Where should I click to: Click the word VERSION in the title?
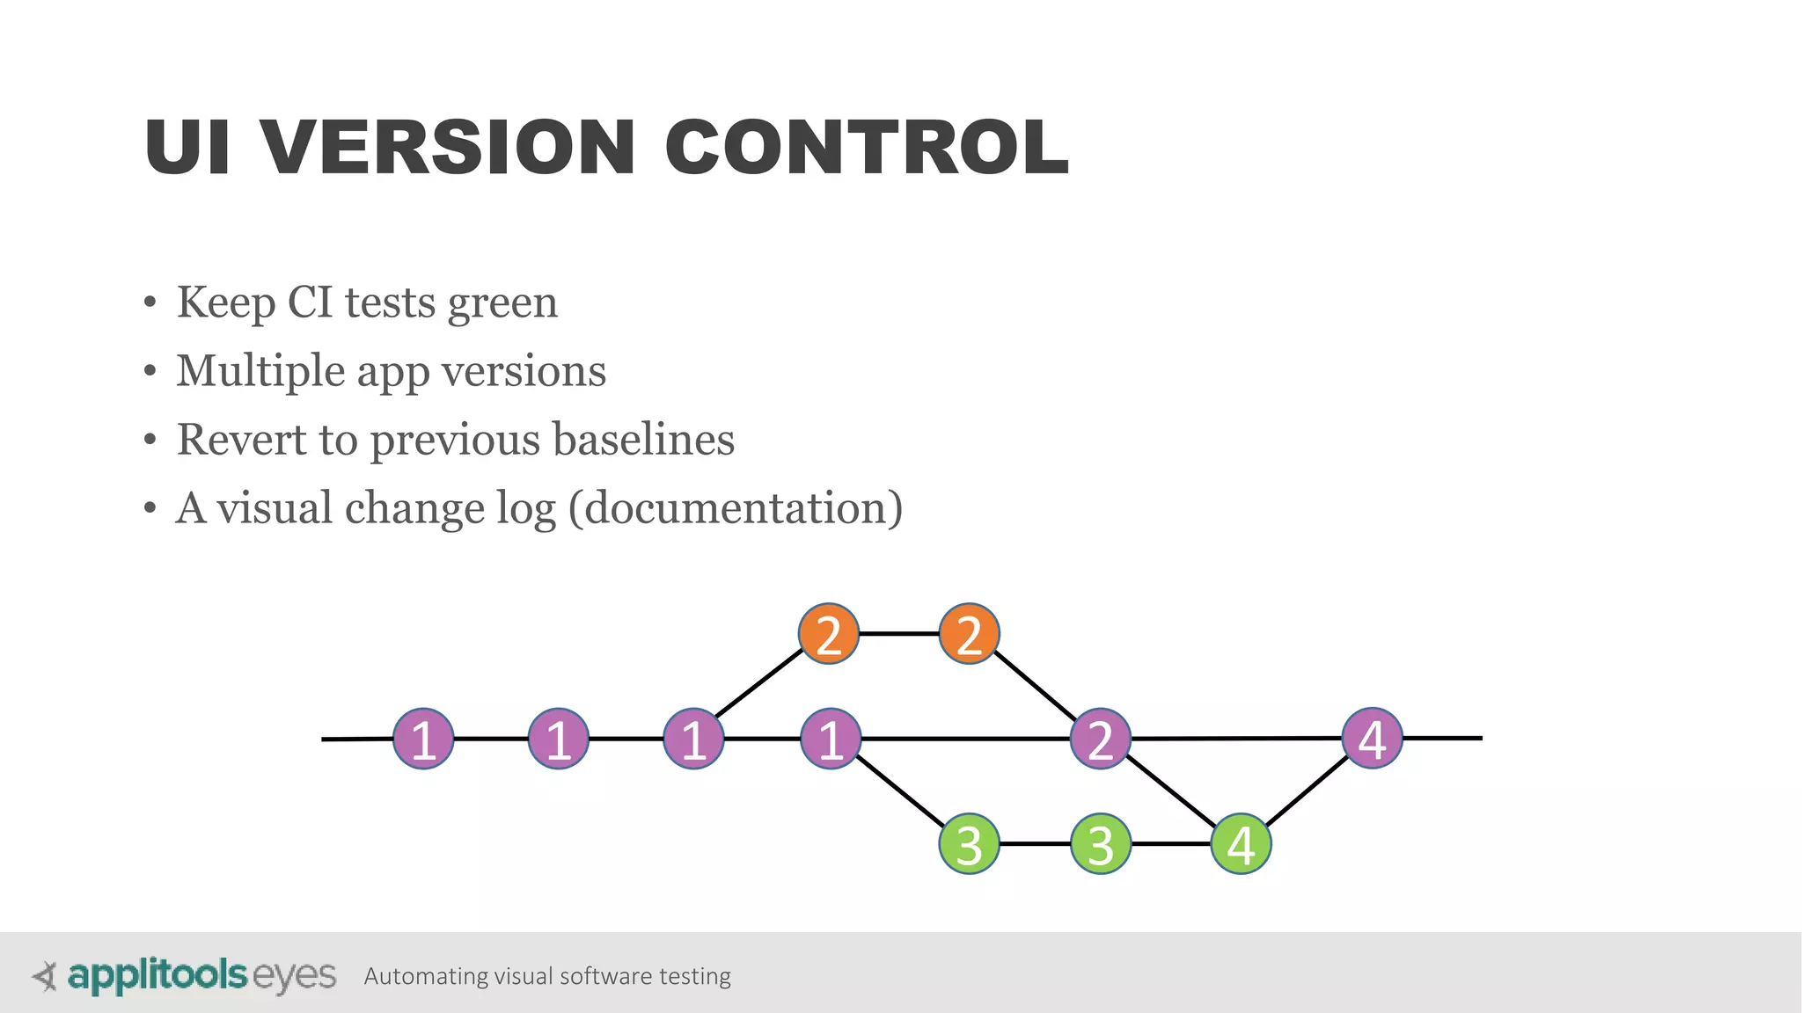pyautogui.click(x=448, y=147)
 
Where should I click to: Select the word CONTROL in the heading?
pyautogui.click(x=867, y=147)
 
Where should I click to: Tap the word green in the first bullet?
pyautogui.click(x=502, y=303)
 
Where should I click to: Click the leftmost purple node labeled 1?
pyautogui.click(x=423, y=739)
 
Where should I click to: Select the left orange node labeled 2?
pyautogui.click(x=829, y=634)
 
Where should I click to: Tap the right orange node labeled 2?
pyautogui.click(x=969, y=634)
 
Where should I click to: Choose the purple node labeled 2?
pyautogui.click(x=1100, y=739)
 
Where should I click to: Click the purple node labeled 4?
pyautogui.click(x=1373, y=738)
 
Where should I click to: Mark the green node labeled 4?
pyautogui.click(x=1241, y=844)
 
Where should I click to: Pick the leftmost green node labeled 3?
pyautogui.click(x=969, y=844)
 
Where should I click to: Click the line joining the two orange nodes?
pyautogui.click(x=898, y=633)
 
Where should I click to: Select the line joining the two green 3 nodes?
pyautogui.click(x=1035, y=844)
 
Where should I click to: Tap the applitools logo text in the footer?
pyautogui.click(x=157, y=975)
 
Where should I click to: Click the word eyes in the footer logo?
pyautogui.click(x=294, y=976)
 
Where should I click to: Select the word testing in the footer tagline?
pyautogui.click(x=695, y=976)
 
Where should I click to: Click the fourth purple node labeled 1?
pyautogui.click(x=831, y=739)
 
